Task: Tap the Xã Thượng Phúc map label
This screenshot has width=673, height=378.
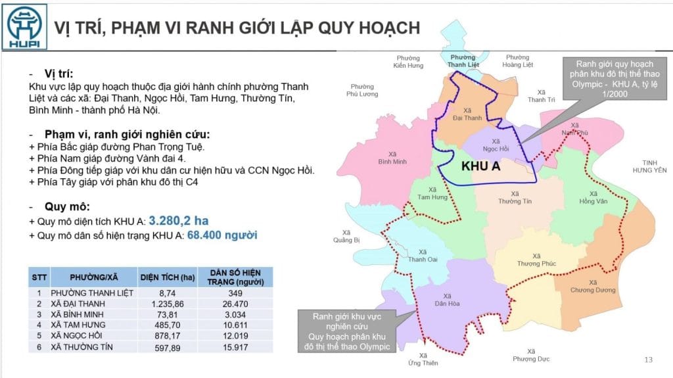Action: point(536,260)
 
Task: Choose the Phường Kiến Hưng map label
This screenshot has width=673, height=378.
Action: point(408,62)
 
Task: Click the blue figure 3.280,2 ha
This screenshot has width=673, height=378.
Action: point(178,221)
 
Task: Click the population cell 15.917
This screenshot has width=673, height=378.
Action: point(235,346)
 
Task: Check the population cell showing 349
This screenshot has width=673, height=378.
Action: point(235,293)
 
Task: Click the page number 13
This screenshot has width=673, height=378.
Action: point(649,359)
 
